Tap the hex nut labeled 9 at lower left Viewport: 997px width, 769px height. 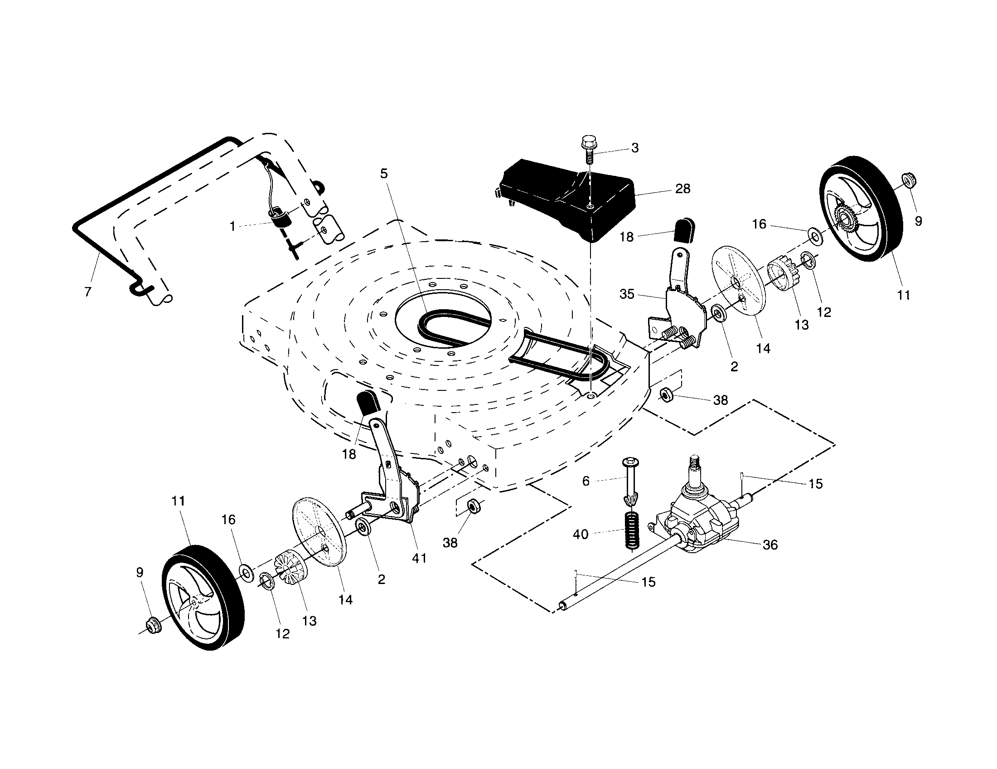coord(152,623)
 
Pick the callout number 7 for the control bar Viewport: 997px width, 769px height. coord(87,292)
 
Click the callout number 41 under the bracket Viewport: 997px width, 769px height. coord(419,558)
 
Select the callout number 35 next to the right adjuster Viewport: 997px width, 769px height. coord(627,294)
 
